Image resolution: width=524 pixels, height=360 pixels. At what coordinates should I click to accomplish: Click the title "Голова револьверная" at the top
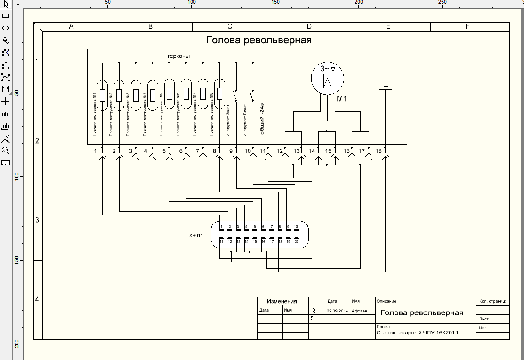[x=259, y=40]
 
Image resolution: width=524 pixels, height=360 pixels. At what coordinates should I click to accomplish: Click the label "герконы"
[x=179, y=56]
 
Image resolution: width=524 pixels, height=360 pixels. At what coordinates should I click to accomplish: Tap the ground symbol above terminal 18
[x=386, y=88]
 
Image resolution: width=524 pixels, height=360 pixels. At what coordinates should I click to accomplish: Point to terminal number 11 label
[x=263, y=151]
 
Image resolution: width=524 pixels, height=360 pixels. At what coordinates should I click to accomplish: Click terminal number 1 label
[x=96, y=151]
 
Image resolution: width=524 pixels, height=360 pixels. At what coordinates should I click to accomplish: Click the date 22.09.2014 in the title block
[x=336, y=311]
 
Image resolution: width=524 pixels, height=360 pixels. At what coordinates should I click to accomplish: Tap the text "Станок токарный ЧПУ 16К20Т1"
[x=418, y=332]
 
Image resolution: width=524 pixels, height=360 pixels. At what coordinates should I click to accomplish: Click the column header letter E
[x=388, y=27]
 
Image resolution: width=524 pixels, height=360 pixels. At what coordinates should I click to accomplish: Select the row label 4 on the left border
[x=38, y=299]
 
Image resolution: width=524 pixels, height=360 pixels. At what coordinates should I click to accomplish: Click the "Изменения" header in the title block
[x=282, y=302]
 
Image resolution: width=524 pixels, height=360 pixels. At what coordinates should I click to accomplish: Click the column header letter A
[x=71, y=27]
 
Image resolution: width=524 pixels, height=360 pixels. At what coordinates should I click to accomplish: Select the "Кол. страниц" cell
[x=492, y=301]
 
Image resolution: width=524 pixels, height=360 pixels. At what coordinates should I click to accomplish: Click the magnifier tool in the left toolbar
[x=6, y=151]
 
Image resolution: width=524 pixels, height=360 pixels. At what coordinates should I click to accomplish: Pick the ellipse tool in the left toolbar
[x=6, y=28]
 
